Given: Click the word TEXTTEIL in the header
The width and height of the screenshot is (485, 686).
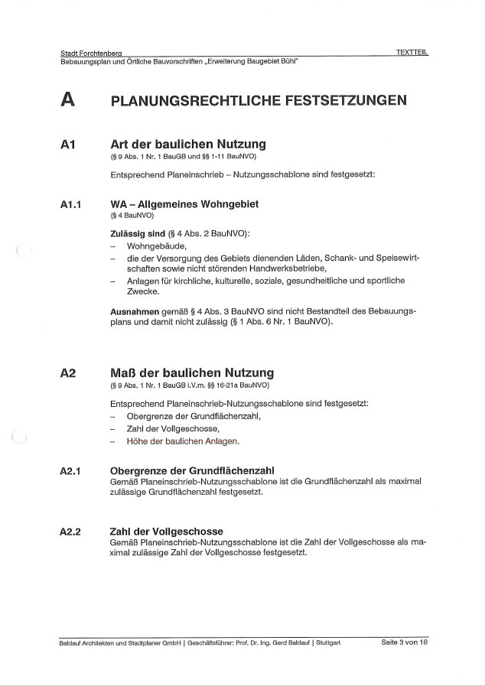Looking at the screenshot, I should click(412, 52).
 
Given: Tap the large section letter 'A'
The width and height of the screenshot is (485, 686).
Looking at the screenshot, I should click(67, 100).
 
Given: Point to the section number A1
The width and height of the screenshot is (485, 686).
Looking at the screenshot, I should click(67, 145).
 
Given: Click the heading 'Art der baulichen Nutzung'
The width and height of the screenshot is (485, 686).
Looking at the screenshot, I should click(188, 144).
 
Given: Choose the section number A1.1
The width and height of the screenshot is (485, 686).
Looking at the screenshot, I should click(71, 205).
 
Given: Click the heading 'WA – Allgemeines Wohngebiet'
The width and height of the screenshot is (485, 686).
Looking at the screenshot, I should click(184, 204).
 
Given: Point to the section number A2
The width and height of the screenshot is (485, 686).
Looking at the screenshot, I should click(67, 373).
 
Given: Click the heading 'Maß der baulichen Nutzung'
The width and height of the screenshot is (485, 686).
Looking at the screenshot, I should click(192, 373).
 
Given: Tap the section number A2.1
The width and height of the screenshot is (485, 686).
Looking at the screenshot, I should click(71, 470).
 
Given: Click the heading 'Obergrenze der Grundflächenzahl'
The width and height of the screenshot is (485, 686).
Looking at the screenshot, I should click(193, 470).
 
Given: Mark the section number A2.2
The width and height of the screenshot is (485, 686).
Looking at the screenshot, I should click(71, 532).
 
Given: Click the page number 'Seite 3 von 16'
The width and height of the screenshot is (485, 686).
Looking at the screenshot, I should click(403, 642).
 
